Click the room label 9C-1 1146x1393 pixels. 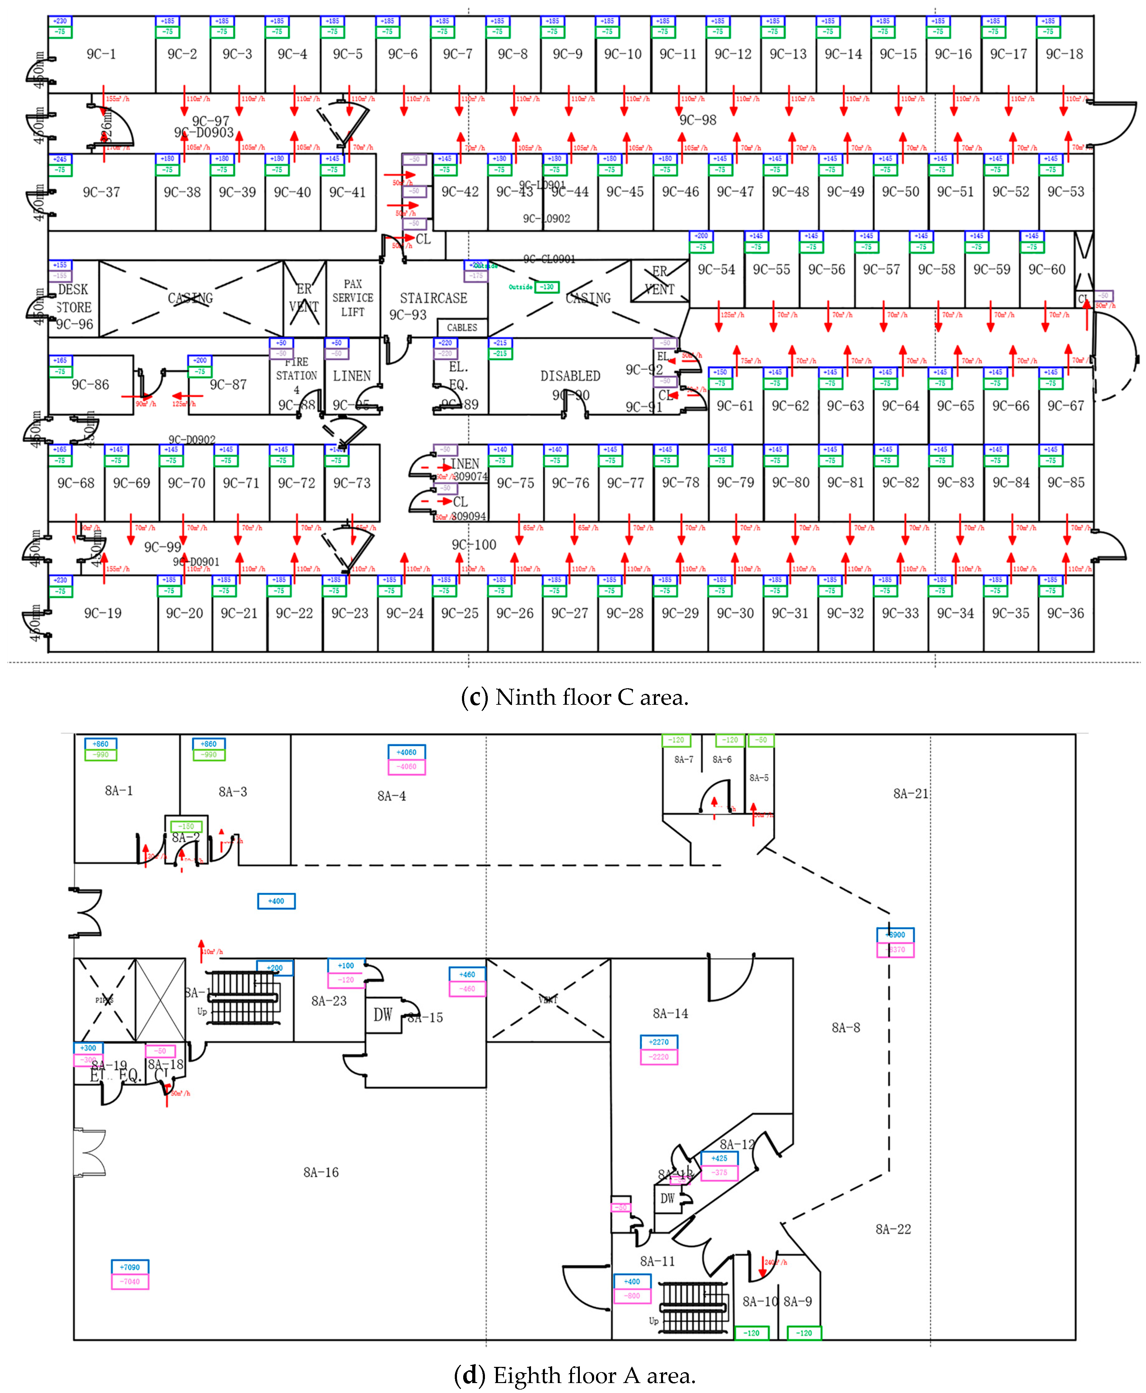[x=101, y=54]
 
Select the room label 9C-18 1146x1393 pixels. [x=1064, y=54]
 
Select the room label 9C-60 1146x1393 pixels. [x=1047, y=269]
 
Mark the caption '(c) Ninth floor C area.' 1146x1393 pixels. [x=574, y=697]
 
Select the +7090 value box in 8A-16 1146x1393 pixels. [x=130, y=1267]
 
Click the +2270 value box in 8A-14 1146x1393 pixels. [x=659, y=1042]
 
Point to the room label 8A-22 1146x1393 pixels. [x=893, y=1229]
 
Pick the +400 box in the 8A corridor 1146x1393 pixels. [x=276, y=901]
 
